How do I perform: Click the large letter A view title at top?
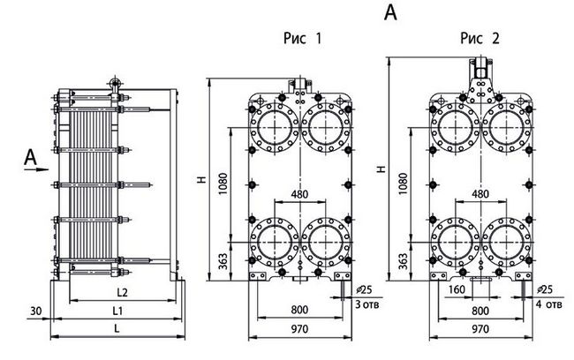(x=390, y=12)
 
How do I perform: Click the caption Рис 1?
(x=303, y=38)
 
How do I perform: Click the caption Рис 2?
(x=480, y=38)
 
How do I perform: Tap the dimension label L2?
(x=122, y=292)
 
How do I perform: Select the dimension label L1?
(x=117, y=311)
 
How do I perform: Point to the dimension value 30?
(x=36, y=311)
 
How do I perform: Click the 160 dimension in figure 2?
(x=457, y=289)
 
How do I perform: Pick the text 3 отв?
(x=367, y=304)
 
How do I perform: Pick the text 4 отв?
(x=548, y=304)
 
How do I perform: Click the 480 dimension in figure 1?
(x=299, y=193)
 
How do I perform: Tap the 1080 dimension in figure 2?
(x=403, y=184)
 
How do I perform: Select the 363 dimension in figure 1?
(x=223, y=261)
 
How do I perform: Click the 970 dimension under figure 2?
(x=480, y=329)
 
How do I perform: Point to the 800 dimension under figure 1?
(x=299, y=310)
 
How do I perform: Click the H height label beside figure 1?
(x=202, y=180)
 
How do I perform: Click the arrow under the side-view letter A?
(x=36, y=169)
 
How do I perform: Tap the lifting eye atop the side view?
(x=115, y=84)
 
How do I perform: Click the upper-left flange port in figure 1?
(x=274, y=127)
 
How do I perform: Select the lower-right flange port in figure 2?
(x=506, y=242)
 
